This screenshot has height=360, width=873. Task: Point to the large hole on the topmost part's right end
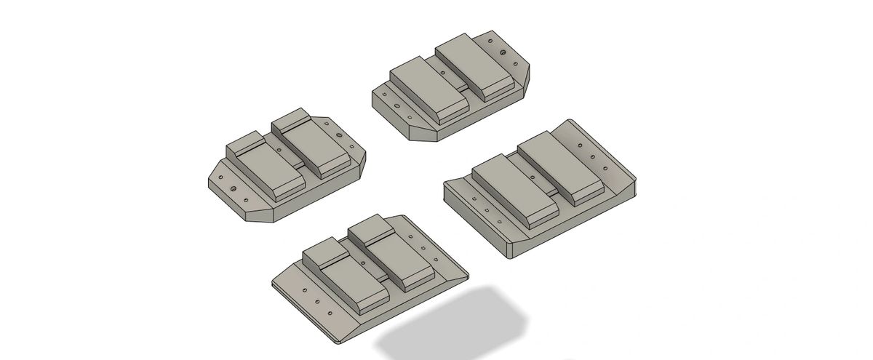(x=503, y=52)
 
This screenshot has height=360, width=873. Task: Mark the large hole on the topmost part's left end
(x=397, y=105)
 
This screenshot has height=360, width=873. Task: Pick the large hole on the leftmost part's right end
(x=339, y=135)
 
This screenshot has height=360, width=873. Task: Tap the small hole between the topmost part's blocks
(x=443, y=73)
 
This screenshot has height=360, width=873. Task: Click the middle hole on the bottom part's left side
(x=317, y=302)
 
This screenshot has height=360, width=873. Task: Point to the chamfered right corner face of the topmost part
(x=525, y=82)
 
